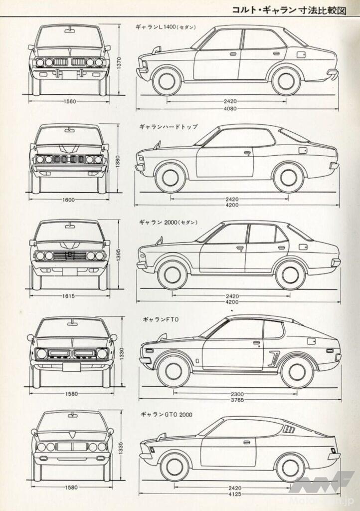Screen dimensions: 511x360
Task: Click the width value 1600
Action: coord(69,200)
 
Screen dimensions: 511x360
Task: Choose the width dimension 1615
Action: coord(69,296)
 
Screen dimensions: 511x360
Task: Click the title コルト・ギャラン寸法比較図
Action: coord(292,8)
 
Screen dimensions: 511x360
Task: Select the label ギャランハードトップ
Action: coord(167,127)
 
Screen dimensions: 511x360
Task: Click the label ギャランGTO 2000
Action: coord(166,414)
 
